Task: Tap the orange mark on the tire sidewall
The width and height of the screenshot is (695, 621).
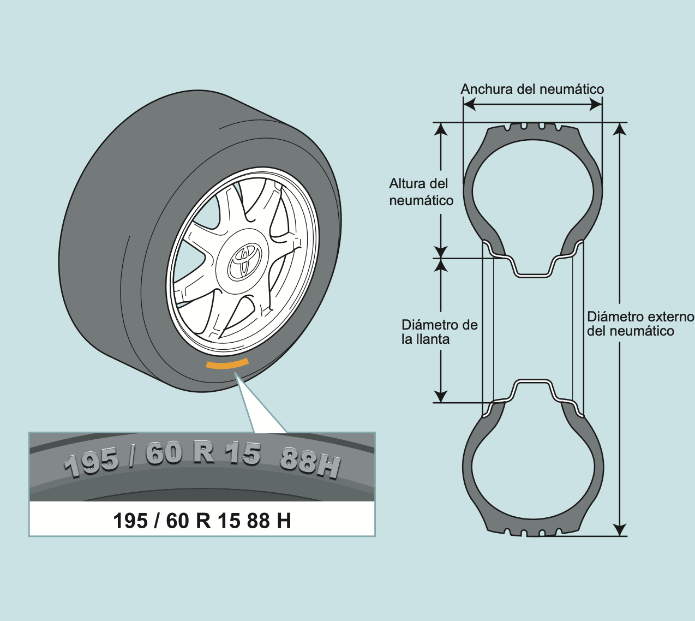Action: coord(227,364)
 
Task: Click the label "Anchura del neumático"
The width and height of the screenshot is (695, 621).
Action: coord(532,89)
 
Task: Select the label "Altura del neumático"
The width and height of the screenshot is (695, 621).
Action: coord(421,192)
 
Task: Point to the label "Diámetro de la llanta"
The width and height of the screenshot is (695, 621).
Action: coord(439,332)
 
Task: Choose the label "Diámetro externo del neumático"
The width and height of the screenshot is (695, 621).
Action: coord(640,324)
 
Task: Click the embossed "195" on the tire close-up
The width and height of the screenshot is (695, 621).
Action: coord(91,462)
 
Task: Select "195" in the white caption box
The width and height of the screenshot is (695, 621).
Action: coord(130,521)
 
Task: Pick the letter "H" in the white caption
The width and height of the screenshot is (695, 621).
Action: coord(284,521)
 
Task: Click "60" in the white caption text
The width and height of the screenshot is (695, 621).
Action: coord(177,521)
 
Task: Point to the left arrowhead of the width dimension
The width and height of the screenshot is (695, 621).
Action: coord(469,104)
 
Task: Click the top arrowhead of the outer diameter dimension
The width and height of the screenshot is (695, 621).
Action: coord(619,129)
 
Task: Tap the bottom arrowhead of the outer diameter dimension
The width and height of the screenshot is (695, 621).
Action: coord(619,529)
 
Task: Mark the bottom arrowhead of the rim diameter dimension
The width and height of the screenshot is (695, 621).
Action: coord(441,396)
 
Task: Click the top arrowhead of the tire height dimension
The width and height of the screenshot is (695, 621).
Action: coord(441,129)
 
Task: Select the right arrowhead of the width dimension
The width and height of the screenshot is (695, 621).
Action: coord(596,104)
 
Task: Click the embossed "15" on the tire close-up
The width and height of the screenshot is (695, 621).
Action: coord(243,453)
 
